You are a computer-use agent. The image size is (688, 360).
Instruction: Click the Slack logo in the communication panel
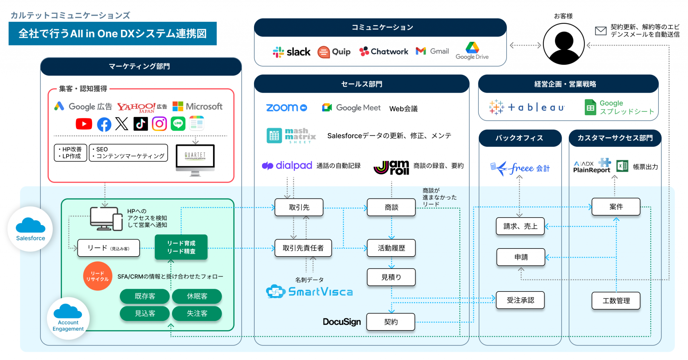coord(291,52)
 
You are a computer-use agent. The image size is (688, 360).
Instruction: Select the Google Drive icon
coord(472,48)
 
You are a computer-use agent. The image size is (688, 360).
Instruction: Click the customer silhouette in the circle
coord(564,44)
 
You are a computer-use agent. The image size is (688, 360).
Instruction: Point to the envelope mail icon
coord(601,31)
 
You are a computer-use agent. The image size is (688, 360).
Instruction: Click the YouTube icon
coord(84,124)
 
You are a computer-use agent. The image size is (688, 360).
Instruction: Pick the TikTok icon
coord(140,124)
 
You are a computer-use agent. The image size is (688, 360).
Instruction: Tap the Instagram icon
coord(159,124)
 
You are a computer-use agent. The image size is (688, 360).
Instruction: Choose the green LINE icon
coord(178,124)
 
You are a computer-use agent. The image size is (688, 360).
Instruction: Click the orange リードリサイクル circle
coord(97,276)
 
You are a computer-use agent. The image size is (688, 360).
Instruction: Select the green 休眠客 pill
coord(197,296)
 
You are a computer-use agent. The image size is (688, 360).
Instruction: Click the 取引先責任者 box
coord(303,248)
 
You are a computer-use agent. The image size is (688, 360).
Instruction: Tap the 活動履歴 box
coord(391,248)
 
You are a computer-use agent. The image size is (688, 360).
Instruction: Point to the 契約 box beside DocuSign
coord(391,322)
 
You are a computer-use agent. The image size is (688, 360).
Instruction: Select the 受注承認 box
coord(520,300)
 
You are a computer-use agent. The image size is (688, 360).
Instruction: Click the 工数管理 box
coord(616,301)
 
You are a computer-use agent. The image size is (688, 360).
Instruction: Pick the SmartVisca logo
coord(309,291)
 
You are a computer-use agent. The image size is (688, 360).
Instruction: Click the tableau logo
coord(527,107)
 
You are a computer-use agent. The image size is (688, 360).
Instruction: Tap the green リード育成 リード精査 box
coord(181,247)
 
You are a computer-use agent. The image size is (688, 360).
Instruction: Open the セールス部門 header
coord(361,84)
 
